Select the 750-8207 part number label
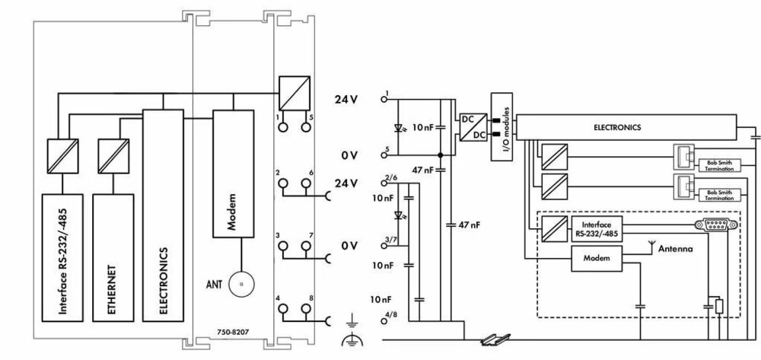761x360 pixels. click(x=233, y=332)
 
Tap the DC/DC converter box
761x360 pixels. click(x=473, y=127)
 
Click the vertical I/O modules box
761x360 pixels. click(x=501, y=126)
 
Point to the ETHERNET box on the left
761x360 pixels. click(x=113, y=257)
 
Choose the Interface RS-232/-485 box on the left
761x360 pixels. click(x=62, y=257)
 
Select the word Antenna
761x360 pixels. click(x=675, y=249)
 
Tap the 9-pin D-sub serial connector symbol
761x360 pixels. click(x=716, y=225)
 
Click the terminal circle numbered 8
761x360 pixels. click(x=306, y=308)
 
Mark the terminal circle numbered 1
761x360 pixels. click(x=282, y=126)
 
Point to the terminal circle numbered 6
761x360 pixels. click(x=306, y=183)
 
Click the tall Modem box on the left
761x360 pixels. click(x=234, y=174)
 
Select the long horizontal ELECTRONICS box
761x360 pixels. click(x=626, y=128)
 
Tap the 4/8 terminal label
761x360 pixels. click(x=390, y=315)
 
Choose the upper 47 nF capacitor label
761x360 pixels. click(x=422, y=170)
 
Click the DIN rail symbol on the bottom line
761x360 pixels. click(x=496, y=339)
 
